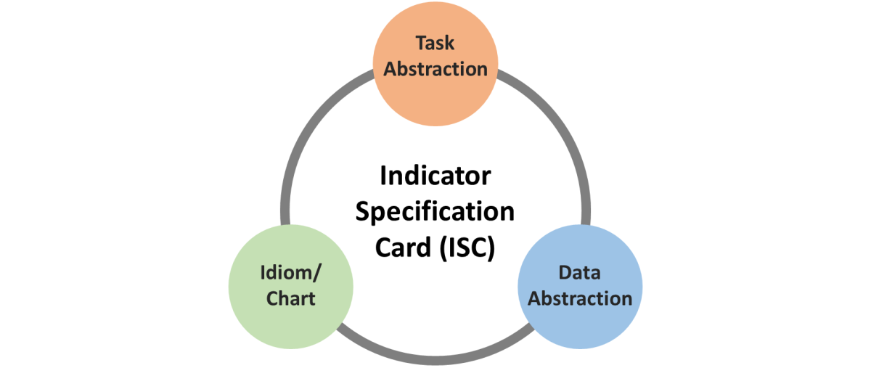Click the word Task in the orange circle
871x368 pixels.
pyautogui.click(x=435, y=44)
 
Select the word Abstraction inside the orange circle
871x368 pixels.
pyautogui.click(x=435, y=70)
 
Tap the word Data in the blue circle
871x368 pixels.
pyautogui.click(x=579, y=273)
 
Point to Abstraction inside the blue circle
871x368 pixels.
pyautogui.click(x=580, y=299)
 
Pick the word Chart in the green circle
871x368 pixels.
pyautogui.click(x=290, y=298)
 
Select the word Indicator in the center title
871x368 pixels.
pyautogui.click(x=435, y=176)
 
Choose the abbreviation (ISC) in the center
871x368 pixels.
pyautogui.click(x=467, y=248)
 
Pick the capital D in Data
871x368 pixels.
pyautogui.click(x=564, y=273)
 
